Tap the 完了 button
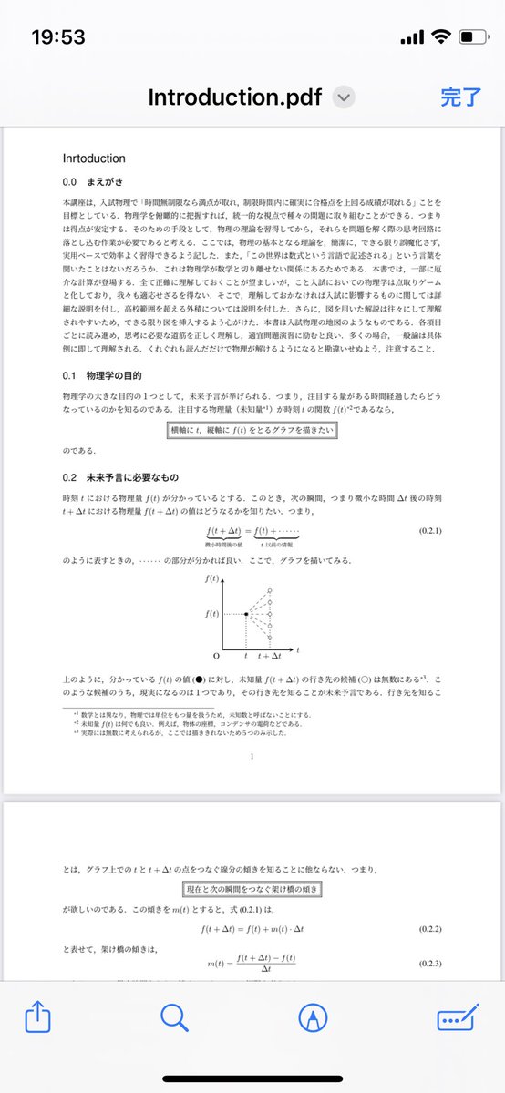click(x=460, y=97)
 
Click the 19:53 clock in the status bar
click(x=58, y=37)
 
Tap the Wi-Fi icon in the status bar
click(x=441, y=37)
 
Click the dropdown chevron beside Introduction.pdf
click(x=344, y=97)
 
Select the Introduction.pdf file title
click(x=235, y=97)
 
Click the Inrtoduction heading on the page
click(x=94, y=158)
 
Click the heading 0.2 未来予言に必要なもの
click(x=121, y=477)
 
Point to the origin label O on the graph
click(x=216, y=655)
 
